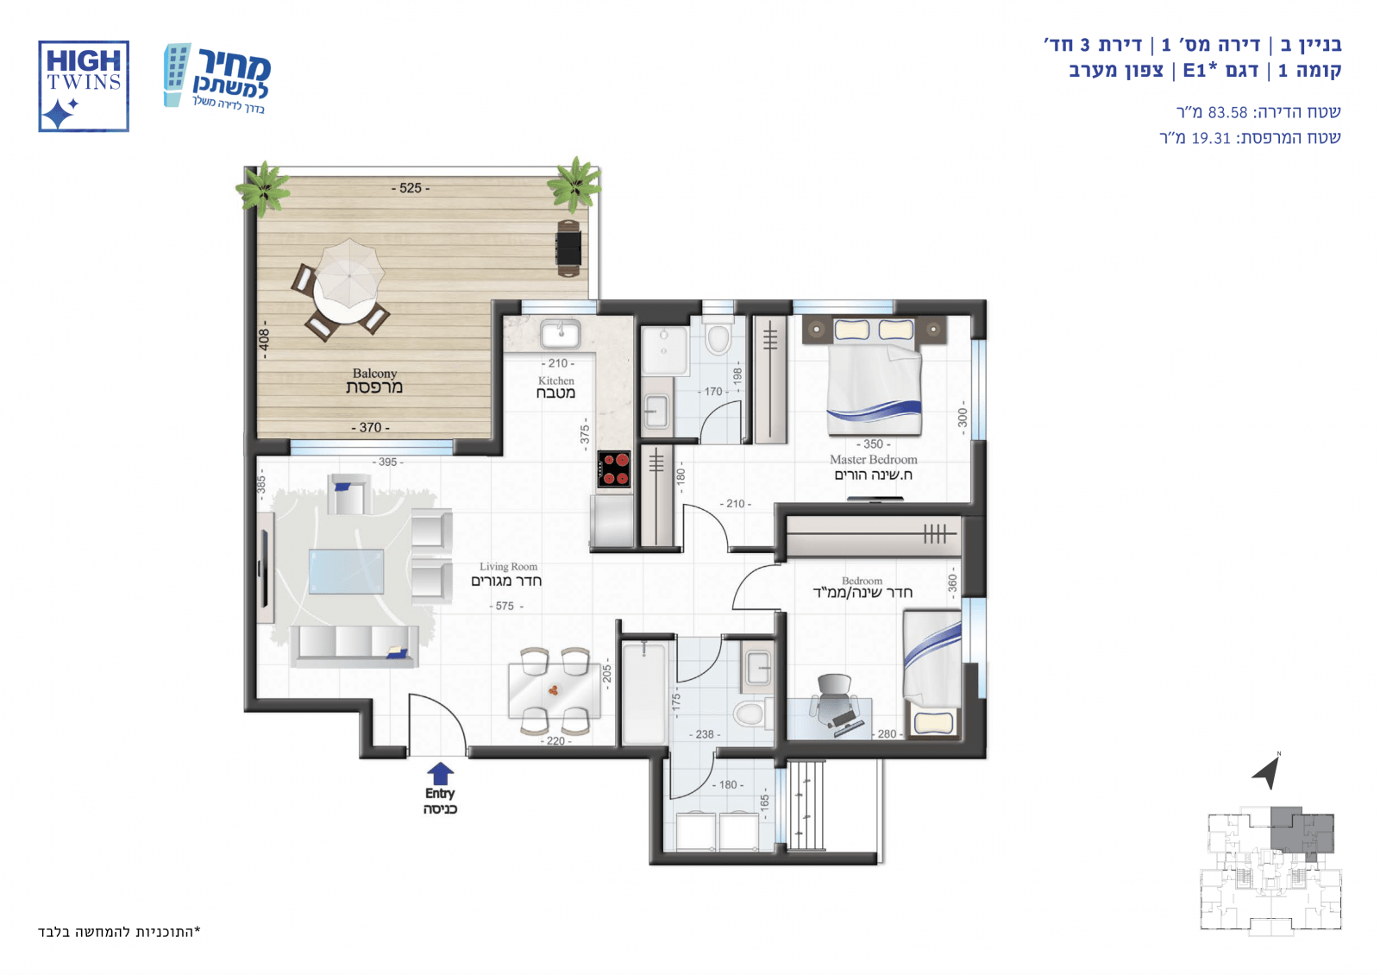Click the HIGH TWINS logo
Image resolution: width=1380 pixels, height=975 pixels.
pos(84,86)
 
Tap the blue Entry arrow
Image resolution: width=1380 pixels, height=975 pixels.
pos(440,773)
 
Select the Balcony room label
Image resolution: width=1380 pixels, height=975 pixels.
pos(374,381)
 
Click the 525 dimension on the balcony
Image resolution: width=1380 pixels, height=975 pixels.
pos(411,188)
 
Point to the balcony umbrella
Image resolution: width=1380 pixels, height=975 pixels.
pos(349,273)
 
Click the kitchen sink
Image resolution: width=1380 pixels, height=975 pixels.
pos(560,335)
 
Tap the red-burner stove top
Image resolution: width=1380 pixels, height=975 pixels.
pos(613,469)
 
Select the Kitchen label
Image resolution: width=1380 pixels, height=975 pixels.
pos(555,387)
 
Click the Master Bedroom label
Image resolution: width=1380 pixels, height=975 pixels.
pos(873,467)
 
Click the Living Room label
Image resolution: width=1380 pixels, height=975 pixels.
pos(506,574)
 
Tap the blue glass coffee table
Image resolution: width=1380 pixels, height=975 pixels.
pos(346,572)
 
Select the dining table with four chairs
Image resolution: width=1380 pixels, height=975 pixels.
pos(554,691)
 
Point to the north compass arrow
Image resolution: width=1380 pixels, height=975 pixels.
pos(1269,771)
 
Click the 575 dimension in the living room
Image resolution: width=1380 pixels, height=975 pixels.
pos(505,607)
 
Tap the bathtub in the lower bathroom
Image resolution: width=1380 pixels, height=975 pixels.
pos(644,693)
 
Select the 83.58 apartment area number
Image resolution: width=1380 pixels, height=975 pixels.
pos(1227,112)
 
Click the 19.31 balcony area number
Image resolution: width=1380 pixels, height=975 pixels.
pos(1211,138)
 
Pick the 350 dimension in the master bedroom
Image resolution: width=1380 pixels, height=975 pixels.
pos(873,443)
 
